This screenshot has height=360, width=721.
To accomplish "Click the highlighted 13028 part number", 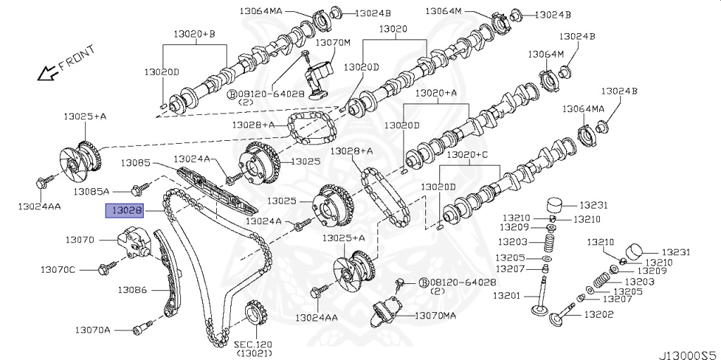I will coord(125,210).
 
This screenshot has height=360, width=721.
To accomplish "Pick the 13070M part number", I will coord(332,42).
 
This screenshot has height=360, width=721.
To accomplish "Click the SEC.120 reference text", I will coord(253,345).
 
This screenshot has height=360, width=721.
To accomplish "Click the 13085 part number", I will coord(135,163).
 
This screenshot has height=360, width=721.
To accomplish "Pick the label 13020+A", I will coord(436,92).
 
